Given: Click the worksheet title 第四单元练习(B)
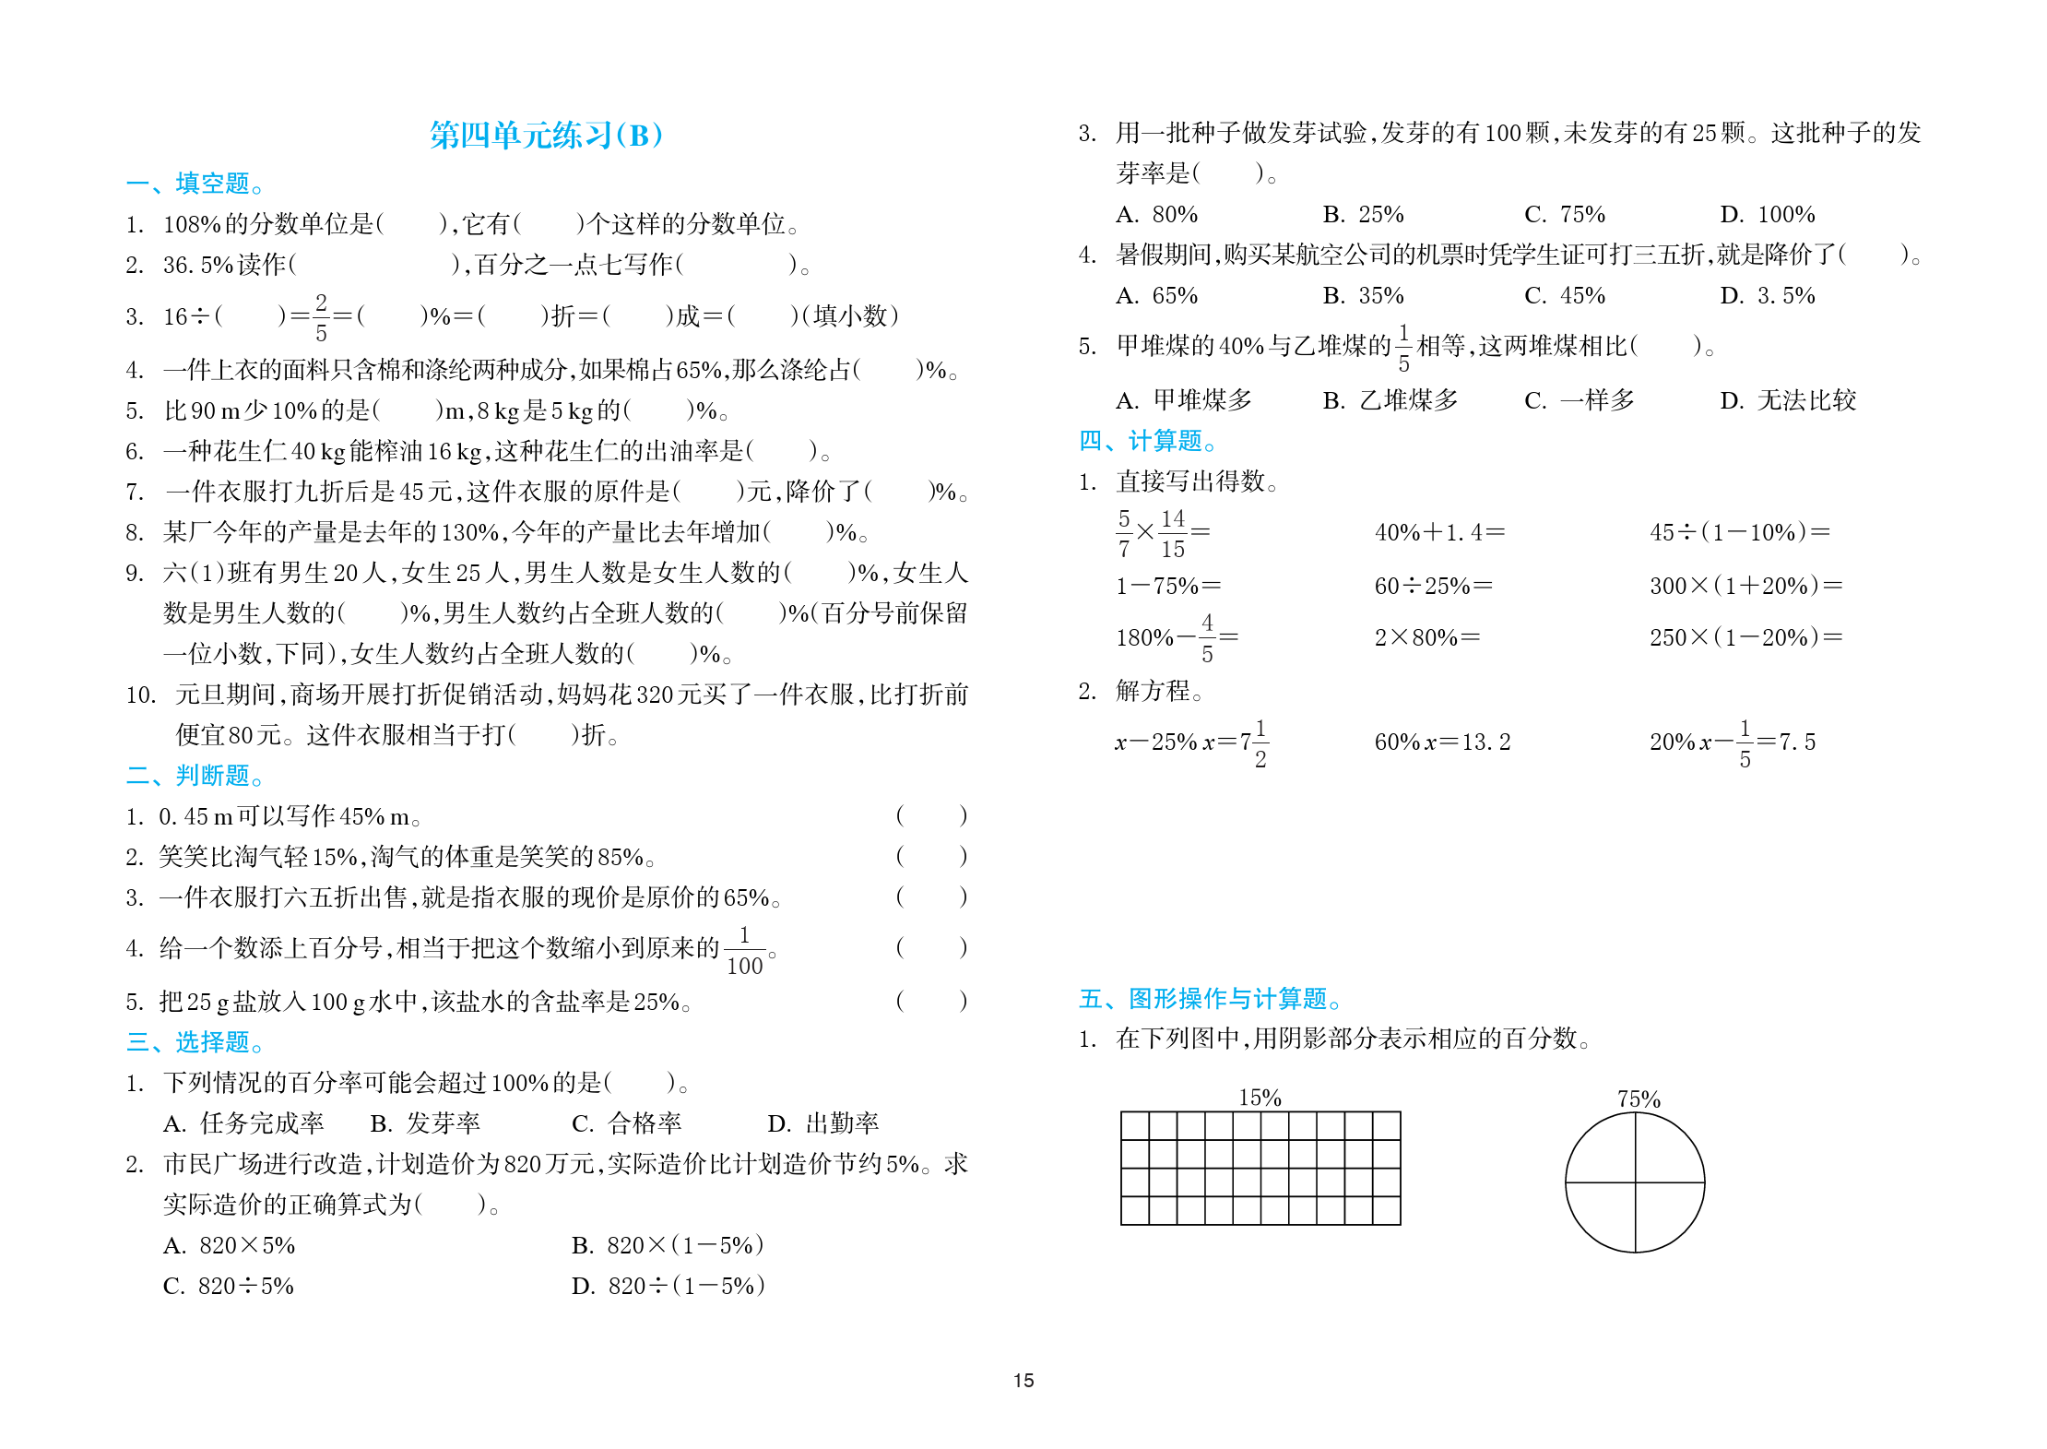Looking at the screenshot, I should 546,136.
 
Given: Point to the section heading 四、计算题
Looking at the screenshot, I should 1147,441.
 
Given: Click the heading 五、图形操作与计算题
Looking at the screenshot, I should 1210,999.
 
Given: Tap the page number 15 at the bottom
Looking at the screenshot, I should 1023,1381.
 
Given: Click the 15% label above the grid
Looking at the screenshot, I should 1260,1098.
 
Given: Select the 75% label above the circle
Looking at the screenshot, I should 1639,1099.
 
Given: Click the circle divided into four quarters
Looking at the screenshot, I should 1635,1182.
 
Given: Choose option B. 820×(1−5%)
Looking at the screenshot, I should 668,1245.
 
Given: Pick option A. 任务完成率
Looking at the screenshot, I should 243,1123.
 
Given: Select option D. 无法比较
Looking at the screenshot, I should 1788,400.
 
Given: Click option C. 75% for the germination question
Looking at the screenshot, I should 1565,215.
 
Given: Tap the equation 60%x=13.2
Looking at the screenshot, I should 1442,742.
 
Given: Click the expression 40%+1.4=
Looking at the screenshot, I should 1439,532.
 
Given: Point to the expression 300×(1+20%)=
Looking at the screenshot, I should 1745,586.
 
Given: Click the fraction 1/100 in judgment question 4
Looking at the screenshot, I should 745,951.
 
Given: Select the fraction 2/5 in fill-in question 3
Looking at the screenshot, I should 321,317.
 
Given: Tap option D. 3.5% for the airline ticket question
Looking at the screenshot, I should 1767,296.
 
